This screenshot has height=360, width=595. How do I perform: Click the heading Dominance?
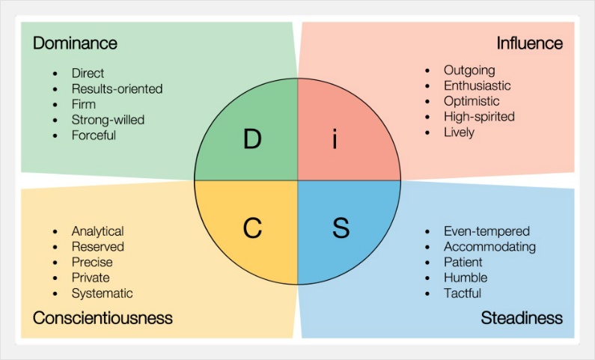click(75, 43)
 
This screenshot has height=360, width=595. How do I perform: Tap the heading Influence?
click(530, 43)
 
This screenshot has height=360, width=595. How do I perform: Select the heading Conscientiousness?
click(103, 317)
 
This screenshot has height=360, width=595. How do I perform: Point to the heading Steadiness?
click(522, 317)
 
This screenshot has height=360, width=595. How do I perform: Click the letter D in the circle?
click(252, 139)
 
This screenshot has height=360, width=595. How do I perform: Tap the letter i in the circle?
click(335, 138)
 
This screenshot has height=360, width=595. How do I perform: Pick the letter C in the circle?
click(252, 228)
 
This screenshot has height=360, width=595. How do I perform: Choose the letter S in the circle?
click(341, 228)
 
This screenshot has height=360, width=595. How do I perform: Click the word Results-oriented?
click(117, 88)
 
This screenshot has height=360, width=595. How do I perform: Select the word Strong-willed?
click(108, 120)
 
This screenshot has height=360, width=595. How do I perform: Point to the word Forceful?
click(94, 135)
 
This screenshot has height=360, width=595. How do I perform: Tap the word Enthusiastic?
click(477, 85)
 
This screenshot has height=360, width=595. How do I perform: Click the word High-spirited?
click(479, 117)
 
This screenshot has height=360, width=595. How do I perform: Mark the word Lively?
click(459, 132)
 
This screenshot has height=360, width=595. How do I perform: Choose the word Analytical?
click(98, 231)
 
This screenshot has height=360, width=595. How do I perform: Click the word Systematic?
click(103, 293)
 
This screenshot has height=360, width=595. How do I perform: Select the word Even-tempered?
click(487, 231)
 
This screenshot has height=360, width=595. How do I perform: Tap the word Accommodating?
click(490, 246)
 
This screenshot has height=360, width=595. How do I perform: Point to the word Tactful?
click(463, 293)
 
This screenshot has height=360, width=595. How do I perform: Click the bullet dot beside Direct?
click(55, 73)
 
